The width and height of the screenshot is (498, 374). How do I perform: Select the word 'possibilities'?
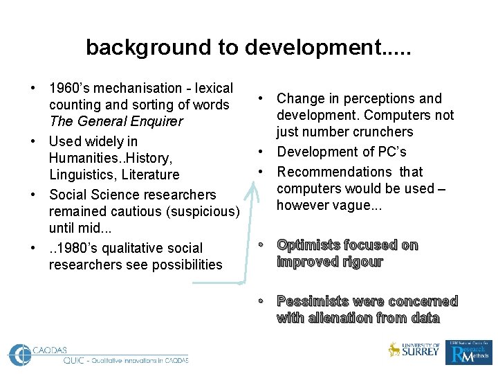coord(183,265)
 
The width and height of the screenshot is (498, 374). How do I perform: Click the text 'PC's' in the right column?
coord(391,152)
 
